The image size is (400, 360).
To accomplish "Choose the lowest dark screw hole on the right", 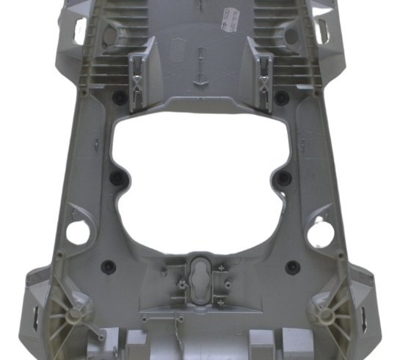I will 291,265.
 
